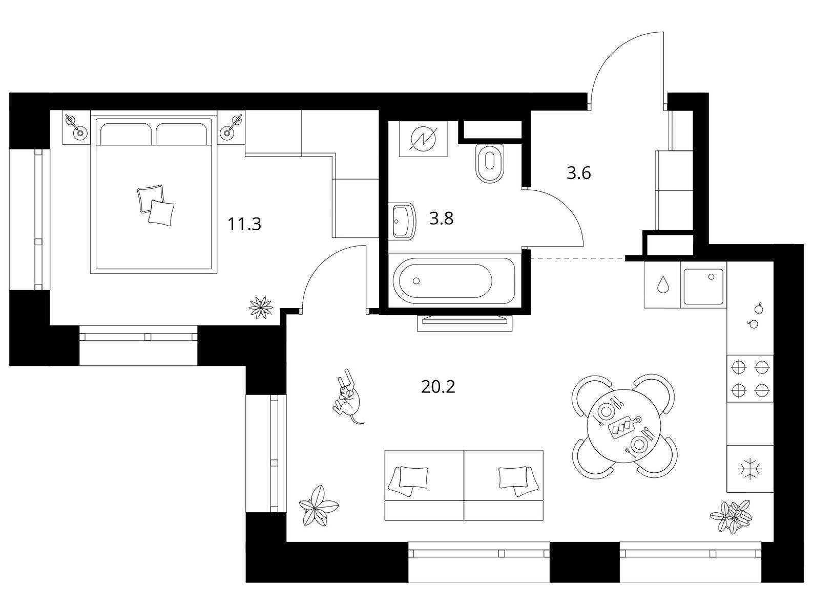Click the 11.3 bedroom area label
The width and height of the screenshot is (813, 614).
[x=244, y=224]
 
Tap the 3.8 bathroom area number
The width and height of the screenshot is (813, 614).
[x=441, y=218]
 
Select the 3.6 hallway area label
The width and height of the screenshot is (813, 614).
[x=578, y=173]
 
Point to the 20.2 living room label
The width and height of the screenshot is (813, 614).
[x=438, y=387]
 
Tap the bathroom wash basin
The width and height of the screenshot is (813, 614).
[x=403, y=221]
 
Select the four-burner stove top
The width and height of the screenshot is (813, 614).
[x=749, y=379]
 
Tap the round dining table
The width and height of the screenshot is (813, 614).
[x=624, y=425]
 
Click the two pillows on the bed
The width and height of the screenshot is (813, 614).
[x=156, y=205]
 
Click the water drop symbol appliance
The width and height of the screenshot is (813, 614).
[x=662, y=285]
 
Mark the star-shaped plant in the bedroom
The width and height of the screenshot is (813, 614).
[x=261, y=306]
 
